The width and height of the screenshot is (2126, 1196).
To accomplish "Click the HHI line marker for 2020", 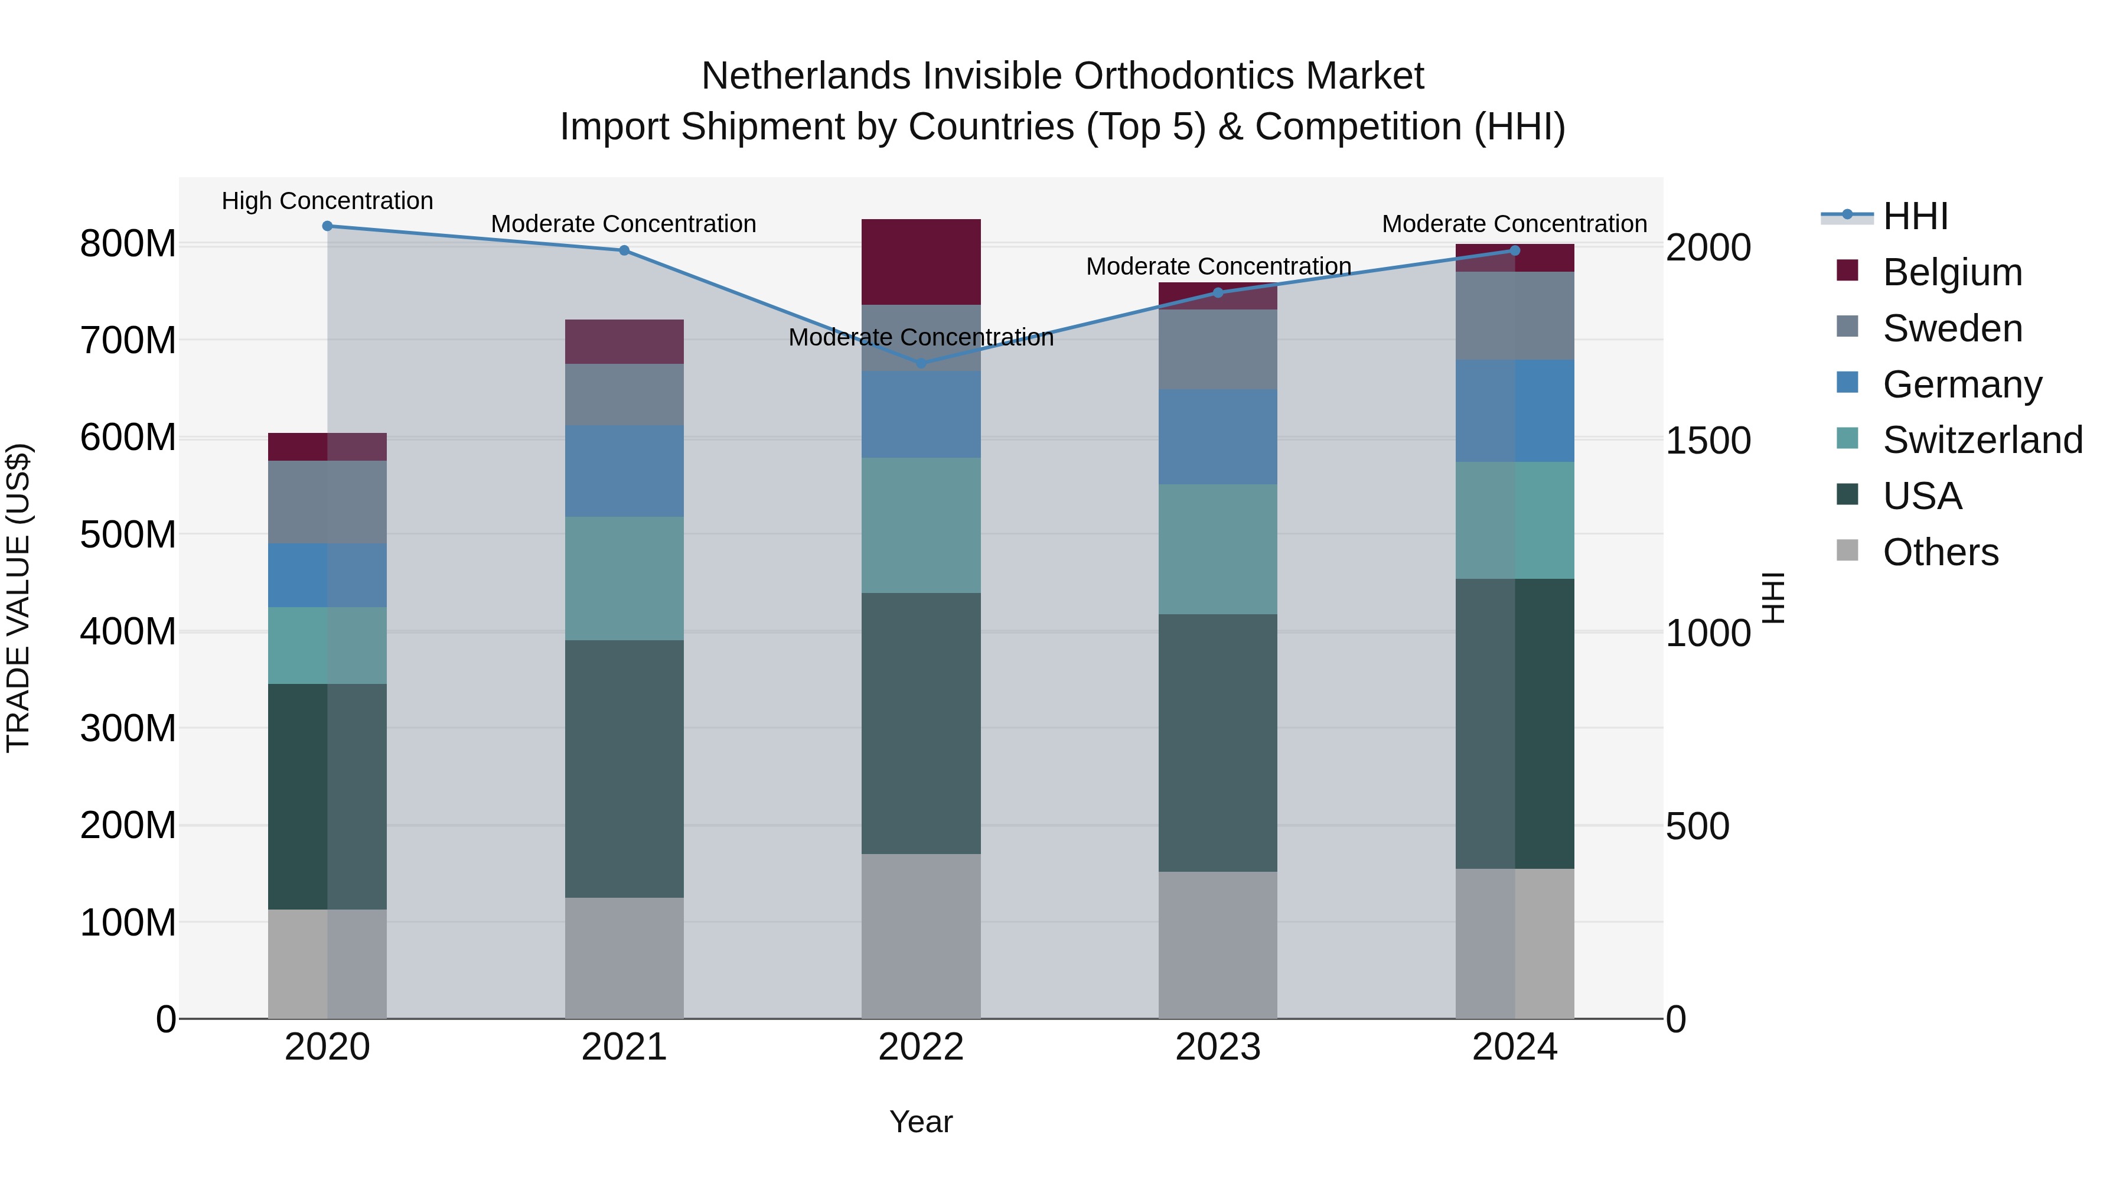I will (328, 226).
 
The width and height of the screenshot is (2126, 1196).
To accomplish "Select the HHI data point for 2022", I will (921, 363).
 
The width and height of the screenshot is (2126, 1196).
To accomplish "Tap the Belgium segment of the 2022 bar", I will (921, 262).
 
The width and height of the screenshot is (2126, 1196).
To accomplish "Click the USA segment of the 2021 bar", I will (624, 768).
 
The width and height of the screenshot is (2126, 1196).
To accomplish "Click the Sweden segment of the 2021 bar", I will (624, 395).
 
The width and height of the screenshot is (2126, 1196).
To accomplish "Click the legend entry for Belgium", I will (1952, 272).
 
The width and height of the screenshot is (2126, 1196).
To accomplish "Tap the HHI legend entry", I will (1915, 216).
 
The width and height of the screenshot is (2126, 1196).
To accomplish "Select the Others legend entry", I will (1939, 552).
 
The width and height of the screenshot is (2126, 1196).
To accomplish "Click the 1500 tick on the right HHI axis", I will (1707, 440).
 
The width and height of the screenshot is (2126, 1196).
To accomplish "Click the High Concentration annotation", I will (328, 201).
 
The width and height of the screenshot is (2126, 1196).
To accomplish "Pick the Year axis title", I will (921, 1122).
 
